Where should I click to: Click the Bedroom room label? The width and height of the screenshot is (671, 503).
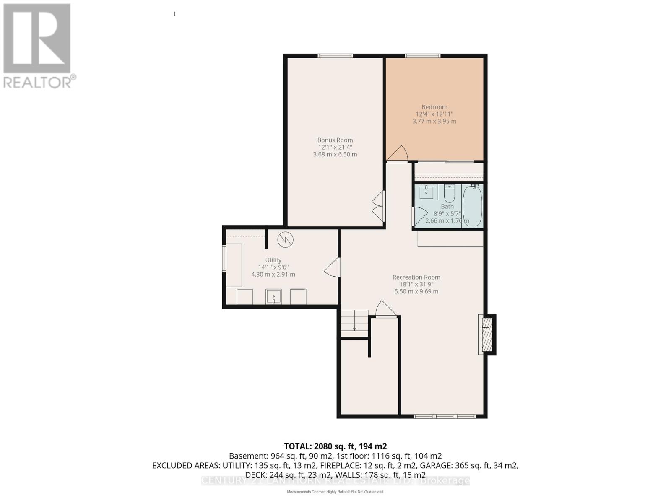tap(434, 107)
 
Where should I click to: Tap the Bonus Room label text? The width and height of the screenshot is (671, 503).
tap(335, 140)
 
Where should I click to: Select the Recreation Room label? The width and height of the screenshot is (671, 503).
tap(416, 277)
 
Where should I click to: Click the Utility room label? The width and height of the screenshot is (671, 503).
tap(273, 260)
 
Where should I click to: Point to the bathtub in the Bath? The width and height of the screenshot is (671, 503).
tap(473, 206)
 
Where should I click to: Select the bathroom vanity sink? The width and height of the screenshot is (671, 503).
tap(427, 193)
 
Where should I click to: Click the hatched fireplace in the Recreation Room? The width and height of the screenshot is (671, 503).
tap(486, 334)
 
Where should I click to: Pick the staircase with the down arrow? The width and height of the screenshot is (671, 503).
tap(354, 323)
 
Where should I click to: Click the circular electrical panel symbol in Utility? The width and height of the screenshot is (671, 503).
tap(285, 240)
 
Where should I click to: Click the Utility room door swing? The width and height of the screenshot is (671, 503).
tap(332, 267)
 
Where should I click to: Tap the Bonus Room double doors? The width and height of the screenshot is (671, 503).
tap(378, 206)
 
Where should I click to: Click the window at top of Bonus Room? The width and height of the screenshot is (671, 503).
tap(335, 56)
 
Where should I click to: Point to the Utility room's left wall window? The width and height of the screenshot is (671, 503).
tap(224, 259)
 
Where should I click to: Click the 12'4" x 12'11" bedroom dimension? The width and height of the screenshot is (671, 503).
tap(434, 114)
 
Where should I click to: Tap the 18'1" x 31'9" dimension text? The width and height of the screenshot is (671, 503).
tap(416, 284)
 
